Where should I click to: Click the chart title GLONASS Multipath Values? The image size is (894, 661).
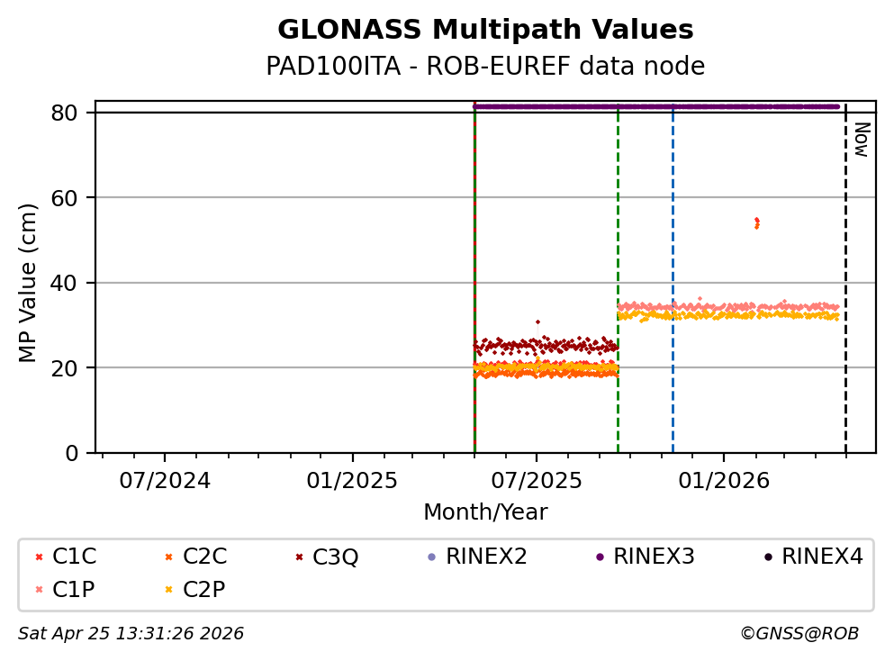(485, 31)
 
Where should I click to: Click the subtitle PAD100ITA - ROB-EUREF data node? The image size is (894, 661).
(485, 67)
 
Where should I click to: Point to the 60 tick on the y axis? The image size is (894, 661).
(71, 197)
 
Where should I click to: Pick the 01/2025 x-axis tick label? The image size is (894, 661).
(351, 481)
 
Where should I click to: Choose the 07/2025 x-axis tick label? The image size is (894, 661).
(537, 481)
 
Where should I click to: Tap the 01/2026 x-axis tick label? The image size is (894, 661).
(724, 481)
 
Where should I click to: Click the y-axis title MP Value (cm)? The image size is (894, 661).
(29, 283)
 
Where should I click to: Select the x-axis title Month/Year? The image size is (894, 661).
(485, 512)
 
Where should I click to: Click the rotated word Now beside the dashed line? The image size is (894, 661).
(861, 140)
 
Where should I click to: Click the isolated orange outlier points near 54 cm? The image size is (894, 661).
(756, 222)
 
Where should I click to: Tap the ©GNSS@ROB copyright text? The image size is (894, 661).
(799, 634)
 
